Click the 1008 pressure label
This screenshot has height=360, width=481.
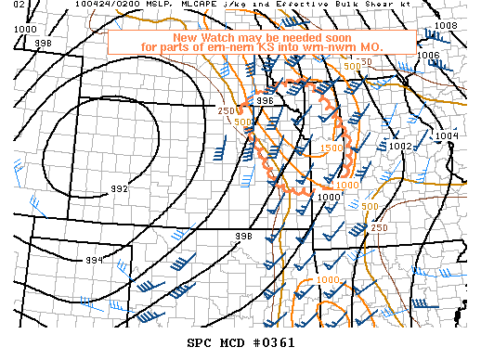pos(446,25)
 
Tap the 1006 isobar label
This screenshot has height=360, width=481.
pos(428,55)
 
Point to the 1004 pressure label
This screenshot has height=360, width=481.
pos(447,136)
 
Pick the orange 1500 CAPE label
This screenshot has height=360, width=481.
pos(331,148)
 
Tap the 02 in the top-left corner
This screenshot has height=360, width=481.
pos(7,6)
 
